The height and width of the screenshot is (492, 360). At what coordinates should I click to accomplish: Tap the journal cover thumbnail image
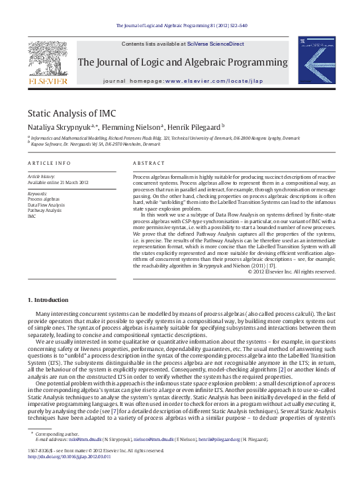[316, 60]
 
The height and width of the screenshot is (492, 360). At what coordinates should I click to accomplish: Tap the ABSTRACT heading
[149, 163]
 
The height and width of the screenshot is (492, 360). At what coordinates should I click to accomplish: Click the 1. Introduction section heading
[52, 283]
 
